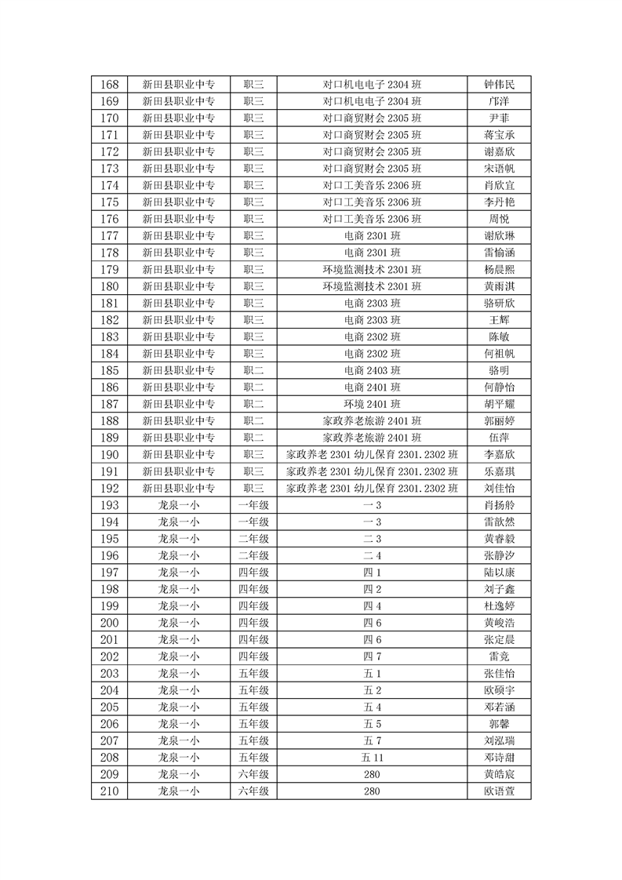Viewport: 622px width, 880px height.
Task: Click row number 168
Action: [111, 85]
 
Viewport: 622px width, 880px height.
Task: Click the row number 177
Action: [111, 236]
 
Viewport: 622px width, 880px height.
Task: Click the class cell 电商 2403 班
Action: [372, 370]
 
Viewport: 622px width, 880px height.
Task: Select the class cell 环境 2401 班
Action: [372, 404]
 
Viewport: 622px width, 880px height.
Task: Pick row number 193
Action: [111, 505]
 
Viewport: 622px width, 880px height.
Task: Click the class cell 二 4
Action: [372, 555]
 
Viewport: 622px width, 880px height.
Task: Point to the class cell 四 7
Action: [372, 656]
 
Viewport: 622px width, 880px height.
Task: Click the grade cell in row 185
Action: [253, 370]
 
